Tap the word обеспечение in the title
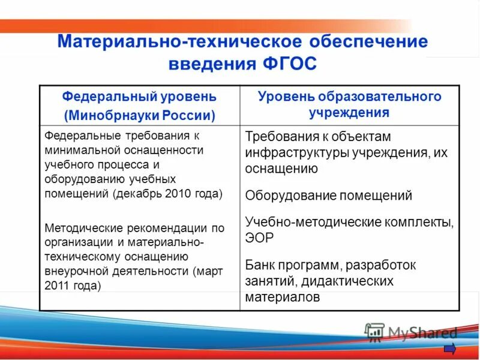click(x=368, y=41)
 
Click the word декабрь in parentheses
click(x=136, y=193)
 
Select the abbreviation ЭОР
click(x=259, y=238)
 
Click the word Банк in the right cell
click(x=261, y=265)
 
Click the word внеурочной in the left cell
click(x=71, y=271)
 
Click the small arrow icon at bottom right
click(x=450, y=349)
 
